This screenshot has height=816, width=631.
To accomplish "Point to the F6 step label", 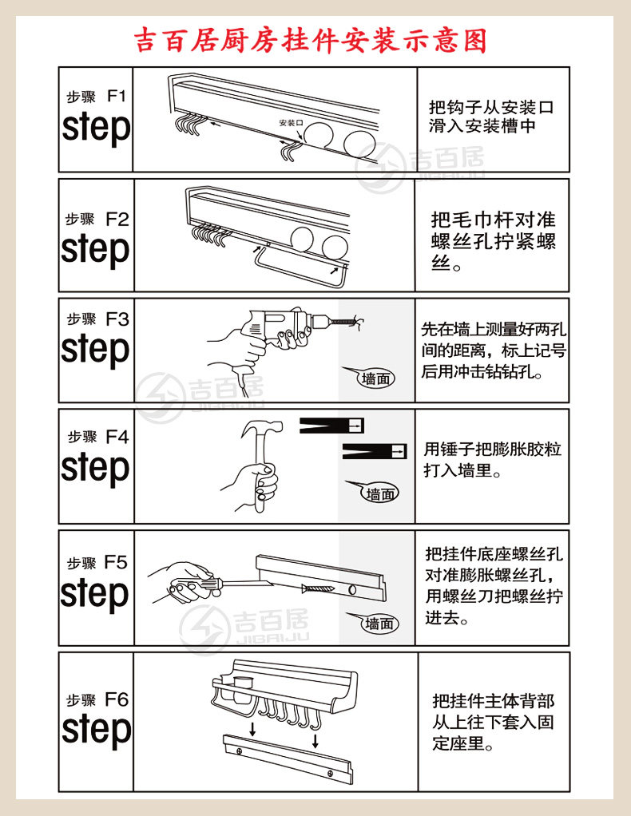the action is [x=117, y=699].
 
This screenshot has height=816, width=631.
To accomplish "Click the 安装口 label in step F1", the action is [x=291, y=124].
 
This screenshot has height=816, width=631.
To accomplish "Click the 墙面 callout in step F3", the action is [x=376, y=378].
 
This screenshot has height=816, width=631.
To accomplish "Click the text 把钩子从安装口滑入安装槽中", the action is [x=491, y=117].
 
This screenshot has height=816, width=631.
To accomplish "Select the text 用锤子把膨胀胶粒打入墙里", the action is [x=492, y=460].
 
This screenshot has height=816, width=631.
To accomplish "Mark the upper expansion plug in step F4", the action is [x=332, y=426].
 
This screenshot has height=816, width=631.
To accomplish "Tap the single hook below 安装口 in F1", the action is [x=288, y=149].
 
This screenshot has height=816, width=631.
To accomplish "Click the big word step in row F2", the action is [x=95, y=249].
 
